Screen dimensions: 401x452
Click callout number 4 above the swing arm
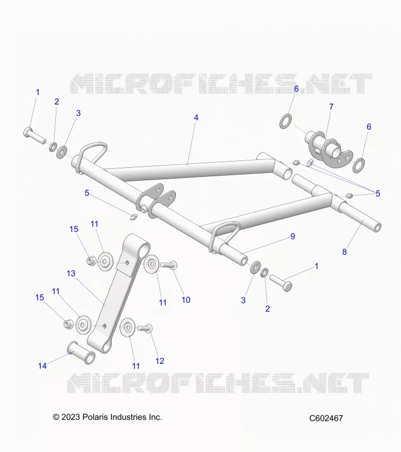(196, 118)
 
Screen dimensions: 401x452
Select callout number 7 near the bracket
(332, 107)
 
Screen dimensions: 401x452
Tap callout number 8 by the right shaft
(345, 252)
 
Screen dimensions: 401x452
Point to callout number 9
(293, 236)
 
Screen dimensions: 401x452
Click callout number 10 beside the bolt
(186, 300)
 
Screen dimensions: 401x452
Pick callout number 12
(160, 361)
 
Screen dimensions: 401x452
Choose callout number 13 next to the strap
(70, 273)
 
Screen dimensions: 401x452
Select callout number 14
(42, 366)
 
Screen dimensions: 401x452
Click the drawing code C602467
(326, 418)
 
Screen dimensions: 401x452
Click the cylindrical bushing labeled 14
(81, 353)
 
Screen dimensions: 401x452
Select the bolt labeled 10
(169, 265)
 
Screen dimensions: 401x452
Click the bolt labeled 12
(145, 328)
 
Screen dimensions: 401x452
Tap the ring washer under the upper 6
(285, 121)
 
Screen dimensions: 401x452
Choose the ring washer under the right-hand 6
(359, 166)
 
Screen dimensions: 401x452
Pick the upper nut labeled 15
(91, 260)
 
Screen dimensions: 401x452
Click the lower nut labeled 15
(68, 324)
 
